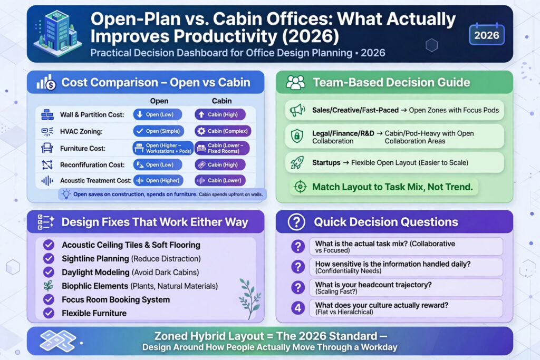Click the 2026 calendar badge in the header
[487, 34]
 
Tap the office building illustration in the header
[57, 33]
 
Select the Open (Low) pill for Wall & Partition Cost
[157, 114]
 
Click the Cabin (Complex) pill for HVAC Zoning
[223, 131]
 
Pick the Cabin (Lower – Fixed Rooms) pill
[222, 148]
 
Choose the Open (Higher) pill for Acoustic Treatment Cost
[158, 180]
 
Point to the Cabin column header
[222, 101]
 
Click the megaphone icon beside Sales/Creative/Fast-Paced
[297, 110]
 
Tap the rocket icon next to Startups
[297, 162]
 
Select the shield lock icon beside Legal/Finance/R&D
[297, 136]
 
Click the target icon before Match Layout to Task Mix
[300, 187]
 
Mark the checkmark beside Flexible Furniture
[49, 313]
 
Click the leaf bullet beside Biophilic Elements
[49, 286]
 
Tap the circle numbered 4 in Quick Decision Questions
[298, 308]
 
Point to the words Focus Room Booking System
[115, 299]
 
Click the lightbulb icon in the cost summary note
[66, 194]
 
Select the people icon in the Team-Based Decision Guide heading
[295, 83]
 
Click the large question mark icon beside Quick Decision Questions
[296, 222]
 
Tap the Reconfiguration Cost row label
[92, 165]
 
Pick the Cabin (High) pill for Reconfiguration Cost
[220, 165]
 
